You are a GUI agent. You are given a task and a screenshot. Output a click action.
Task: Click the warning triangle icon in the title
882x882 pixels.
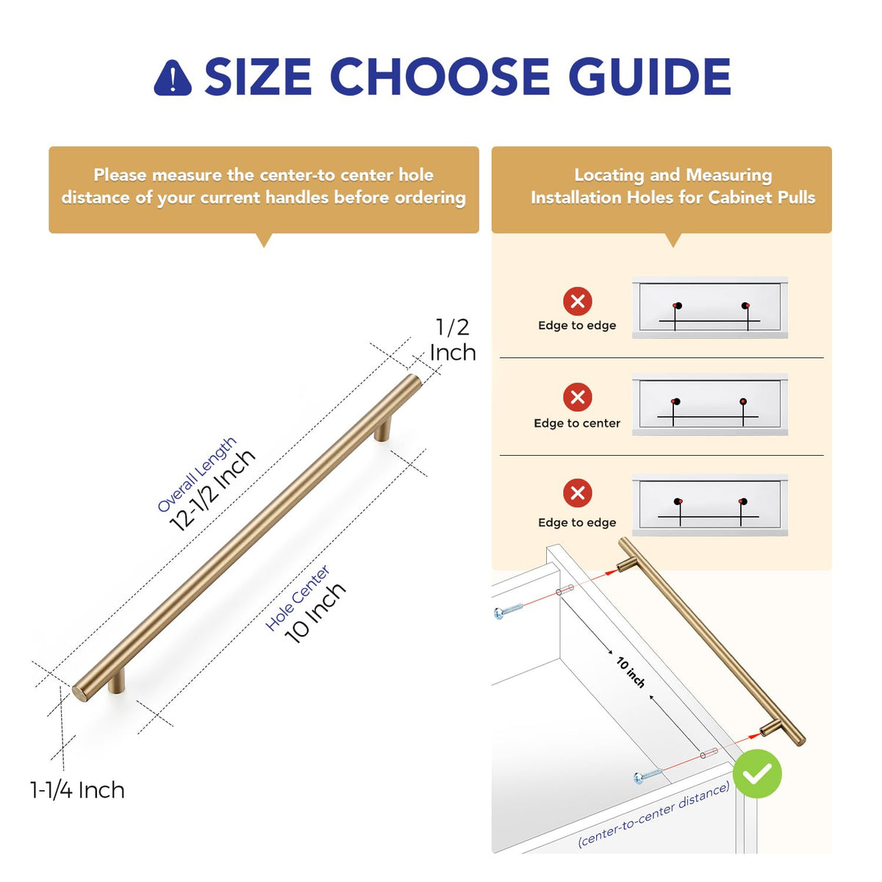(173, 78)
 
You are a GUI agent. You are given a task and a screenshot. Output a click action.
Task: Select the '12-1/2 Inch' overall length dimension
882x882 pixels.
(212, 490)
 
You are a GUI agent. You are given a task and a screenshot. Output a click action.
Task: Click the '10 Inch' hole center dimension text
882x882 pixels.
(315, 613)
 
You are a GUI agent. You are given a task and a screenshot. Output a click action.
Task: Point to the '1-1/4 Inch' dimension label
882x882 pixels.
(77, 790)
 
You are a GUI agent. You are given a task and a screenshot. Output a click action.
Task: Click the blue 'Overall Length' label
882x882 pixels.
(197, 474)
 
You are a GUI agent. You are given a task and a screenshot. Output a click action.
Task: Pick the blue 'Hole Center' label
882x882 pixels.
(297, 598)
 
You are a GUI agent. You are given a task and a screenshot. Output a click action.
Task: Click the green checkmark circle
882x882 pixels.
(757, 773)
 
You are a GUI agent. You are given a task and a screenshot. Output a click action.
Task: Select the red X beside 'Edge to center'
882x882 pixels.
(577, 398)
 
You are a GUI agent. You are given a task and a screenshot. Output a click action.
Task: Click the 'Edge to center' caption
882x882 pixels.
(577, 423)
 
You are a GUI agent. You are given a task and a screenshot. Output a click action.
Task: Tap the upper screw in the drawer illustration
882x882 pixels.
(509, 611)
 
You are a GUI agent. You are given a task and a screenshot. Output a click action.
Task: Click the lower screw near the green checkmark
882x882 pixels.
(648, 775)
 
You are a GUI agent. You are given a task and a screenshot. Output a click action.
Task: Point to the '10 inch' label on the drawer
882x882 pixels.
(631, 673)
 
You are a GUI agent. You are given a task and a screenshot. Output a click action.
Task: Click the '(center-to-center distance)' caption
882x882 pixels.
(653, 814)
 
